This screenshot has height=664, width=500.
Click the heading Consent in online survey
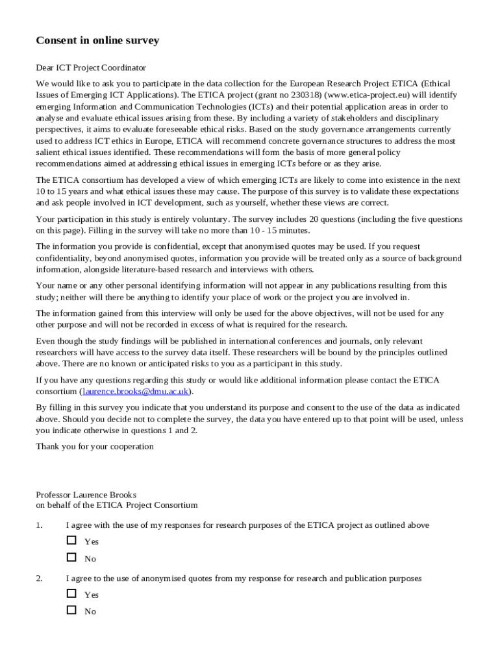point(97,41)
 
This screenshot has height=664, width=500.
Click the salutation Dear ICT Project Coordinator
point(91,67)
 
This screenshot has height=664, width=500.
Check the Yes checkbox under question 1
point(71,540)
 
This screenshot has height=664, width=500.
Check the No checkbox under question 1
point(71,557)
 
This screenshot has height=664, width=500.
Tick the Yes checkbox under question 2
point(71,593)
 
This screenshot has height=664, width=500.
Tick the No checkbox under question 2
point(71,610)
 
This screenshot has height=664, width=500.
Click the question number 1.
point(39,525)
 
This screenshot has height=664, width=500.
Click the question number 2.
point(39,578)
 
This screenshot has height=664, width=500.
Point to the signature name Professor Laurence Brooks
point(86,495)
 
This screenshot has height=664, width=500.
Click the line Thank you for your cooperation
point(95,446)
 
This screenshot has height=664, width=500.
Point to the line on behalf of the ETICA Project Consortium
point(117,505)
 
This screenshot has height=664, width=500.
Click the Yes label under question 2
point(92,595)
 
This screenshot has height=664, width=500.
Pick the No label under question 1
point(90,558)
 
